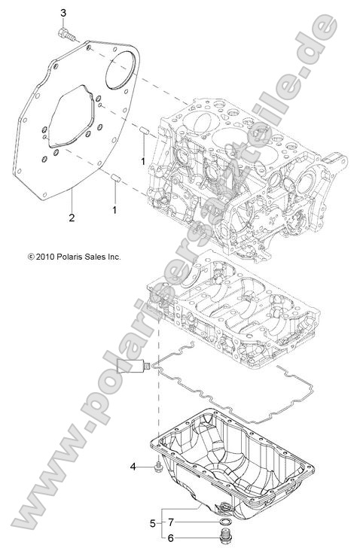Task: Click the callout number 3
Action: [x=63, y=14]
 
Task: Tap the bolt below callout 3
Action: [x=66, y=32]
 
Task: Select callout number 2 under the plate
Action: [x=71, y=218]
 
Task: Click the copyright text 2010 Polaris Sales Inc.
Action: [x=74, y=257]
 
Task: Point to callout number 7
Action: [x=171, y=522]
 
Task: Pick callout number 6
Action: [x=171, y=538]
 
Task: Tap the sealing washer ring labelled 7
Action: [x=224, y=522]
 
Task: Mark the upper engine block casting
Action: [x=241, y=173]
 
